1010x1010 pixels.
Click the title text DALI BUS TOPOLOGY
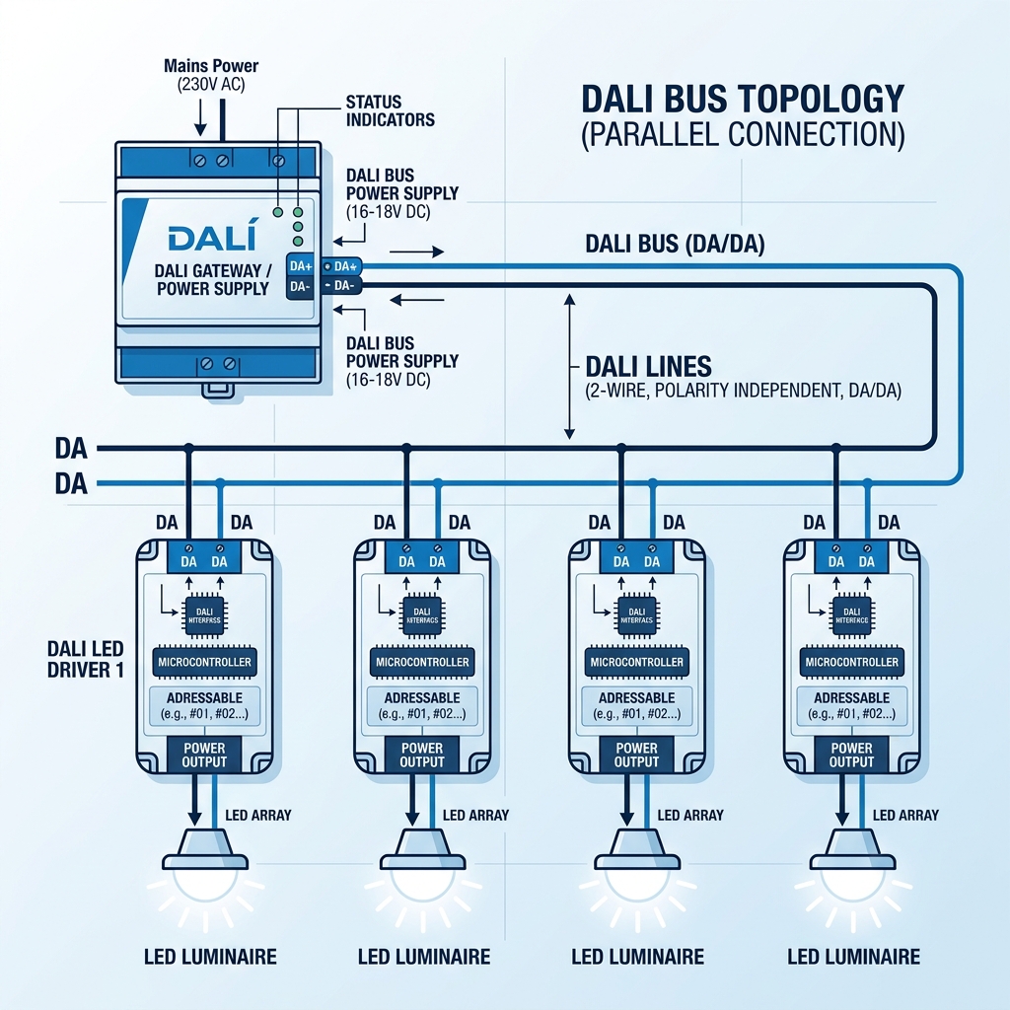coord(742,99)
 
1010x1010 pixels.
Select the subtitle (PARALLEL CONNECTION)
coord(742,135)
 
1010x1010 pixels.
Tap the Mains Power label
coord(210,66)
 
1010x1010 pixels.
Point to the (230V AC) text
coord(210,85)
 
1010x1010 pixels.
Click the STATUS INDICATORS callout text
coord(390,110)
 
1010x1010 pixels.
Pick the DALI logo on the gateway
coord(211,238)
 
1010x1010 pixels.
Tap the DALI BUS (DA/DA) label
coord(676,244)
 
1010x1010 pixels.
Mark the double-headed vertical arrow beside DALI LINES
coord(568,365)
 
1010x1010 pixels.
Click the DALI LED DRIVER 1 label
coord(89,659)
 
